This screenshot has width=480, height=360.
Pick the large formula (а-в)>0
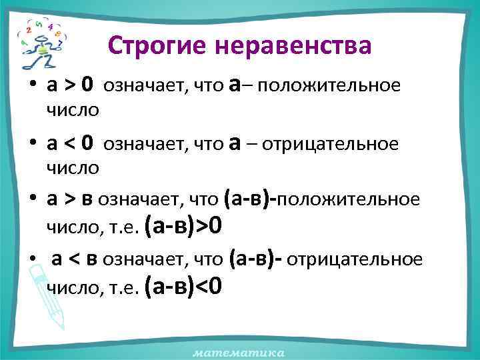point(187,228)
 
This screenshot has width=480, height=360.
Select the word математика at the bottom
point(239,351)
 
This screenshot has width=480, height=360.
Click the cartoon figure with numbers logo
point(39,43)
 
